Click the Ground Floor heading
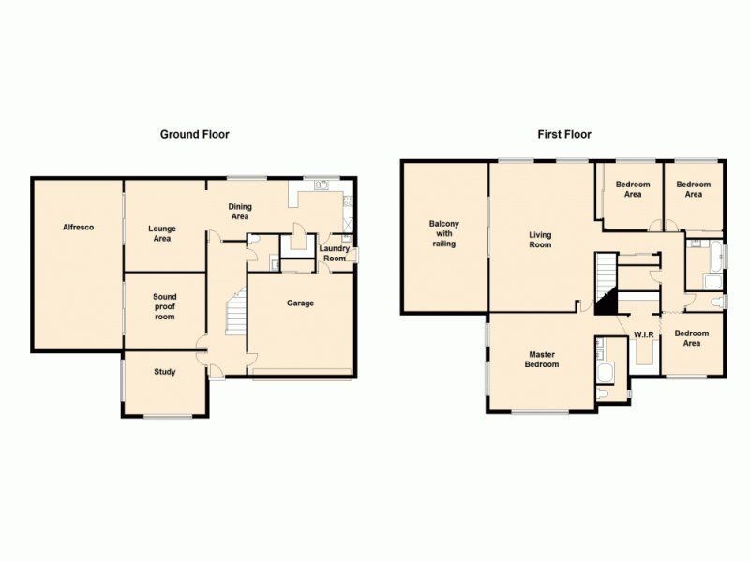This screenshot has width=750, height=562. [194, 134]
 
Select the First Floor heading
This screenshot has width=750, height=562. [564, 134]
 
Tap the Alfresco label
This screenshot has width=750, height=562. [78, 228]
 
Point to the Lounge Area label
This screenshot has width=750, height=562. [162, 233]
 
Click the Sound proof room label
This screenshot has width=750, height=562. [164, 307]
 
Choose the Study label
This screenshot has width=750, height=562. [164, 372]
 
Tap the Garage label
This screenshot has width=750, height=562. [301, 303]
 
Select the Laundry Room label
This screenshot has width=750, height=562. [336, 254]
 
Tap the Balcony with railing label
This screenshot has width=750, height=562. [443, 233]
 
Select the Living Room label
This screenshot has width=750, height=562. [540, 240]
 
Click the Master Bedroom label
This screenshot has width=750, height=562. [542, 359]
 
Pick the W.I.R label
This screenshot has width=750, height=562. [643, 334]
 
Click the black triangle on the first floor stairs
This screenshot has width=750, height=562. [606, 303]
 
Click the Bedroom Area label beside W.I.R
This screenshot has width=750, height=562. [693, 338]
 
